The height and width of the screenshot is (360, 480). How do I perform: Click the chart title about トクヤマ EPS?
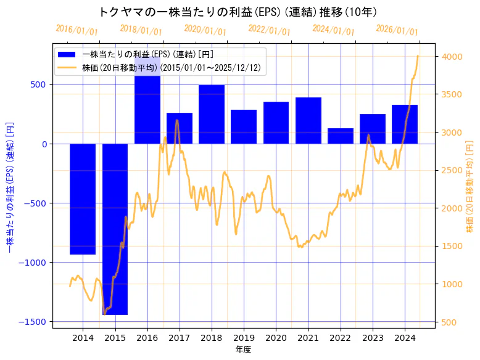[238, 12]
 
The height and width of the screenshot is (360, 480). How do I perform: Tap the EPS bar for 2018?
[211, 114]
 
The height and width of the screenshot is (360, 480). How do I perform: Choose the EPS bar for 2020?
[276, 123]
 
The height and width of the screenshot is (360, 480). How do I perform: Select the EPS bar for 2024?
[405, 124]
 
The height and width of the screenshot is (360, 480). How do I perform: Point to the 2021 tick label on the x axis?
[308, 338]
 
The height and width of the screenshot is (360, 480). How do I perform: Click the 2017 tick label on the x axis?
[179, 338]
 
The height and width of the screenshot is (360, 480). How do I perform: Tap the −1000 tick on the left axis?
[35, 263]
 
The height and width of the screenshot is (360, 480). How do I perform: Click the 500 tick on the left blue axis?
[40, 85]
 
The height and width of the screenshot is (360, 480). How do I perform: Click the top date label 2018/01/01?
[141, 30]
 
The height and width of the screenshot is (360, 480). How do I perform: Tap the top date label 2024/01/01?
[334, 30]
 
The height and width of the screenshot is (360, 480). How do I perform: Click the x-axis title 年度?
[244, 350]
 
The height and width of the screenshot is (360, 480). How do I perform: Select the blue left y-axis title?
[9, 186]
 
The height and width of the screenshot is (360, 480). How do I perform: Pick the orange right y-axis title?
[470, 186]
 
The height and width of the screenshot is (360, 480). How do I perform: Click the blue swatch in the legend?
[67, 54]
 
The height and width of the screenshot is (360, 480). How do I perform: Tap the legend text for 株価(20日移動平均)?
[175, 67]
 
